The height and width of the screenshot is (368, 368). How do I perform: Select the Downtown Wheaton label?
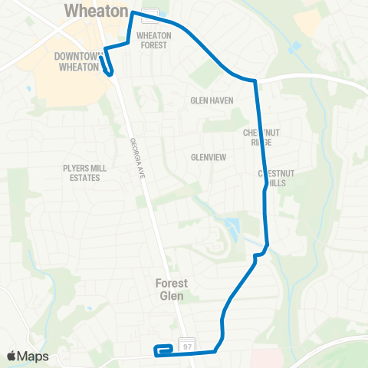[x=77, y=61]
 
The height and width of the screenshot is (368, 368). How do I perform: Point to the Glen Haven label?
[x=209, y=100]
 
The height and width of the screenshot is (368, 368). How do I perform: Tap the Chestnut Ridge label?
[x=262, y=137]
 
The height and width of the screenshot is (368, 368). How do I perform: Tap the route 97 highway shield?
[x=186, y=347]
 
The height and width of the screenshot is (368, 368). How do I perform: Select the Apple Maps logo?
[x=28, y=356]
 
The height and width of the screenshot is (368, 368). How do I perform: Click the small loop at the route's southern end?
[x=163, y=350]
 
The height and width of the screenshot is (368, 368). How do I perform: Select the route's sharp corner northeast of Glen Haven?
[x=255, y=80]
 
